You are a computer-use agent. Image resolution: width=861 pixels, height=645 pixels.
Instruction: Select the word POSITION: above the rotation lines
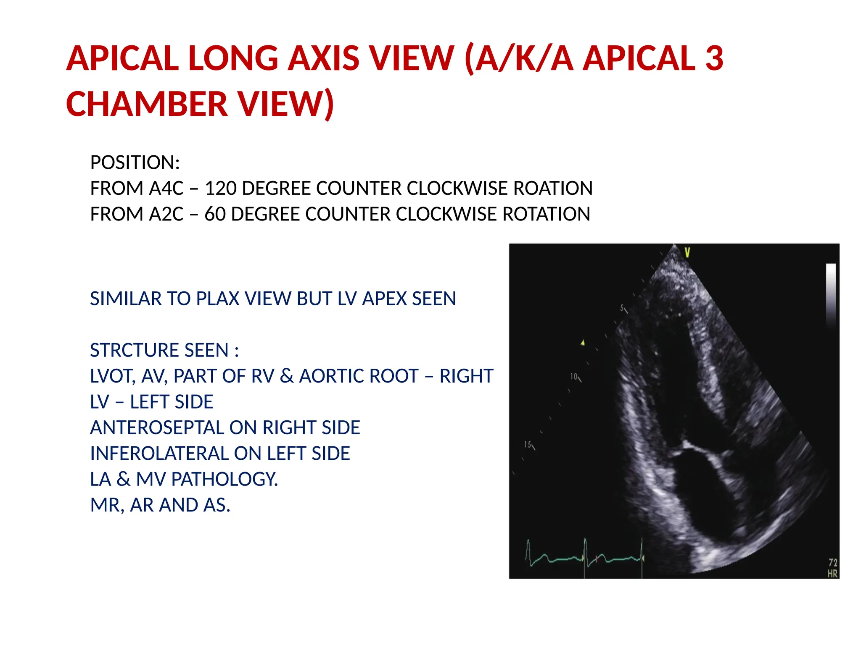[x=135, y=163]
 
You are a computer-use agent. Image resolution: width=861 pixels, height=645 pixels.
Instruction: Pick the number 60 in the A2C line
[x=215, y=214]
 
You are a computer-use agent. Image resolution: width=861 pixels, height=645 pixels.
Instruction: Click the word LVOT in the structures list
[x=112, y=376]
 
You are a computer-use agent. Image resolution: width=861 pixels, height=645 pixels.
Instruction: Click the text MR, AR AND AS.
[x=160, y=505]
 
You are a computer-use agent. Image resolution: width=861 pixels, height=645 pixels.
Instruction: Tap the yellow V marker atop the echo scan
[x=687, y=252]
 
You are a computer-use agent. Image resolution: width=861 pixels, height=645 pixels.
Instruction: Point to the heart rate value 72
[x=832, y=562]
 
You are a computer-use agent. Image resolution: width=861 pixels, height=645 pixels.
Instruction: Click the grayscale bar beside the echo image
[x=831, y=294]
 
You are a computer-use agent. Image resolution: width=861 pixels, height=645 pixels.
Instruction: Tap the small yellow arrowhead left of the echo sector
[x=583, y=343]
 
